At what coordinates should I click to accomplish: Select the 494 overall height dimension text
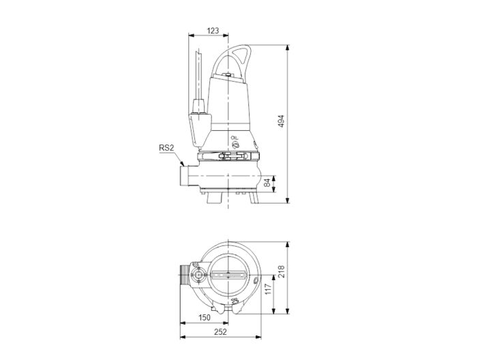[x=280, y=121]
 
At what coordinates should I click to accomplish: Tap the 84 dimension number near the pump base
[x=268, y=183]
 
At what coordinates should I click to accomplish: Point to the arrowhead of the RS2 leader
[x=182, y=164]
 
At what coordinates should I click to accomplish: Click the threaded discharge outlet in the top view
[x=185, y=276]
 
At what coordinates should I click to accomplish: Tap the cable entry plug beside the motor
[x=200, y=121]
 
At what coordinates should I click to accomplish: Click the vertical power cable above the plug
[x=198, y=75]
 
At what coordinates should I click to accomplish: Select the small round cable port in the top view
[x=198, y=276]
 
